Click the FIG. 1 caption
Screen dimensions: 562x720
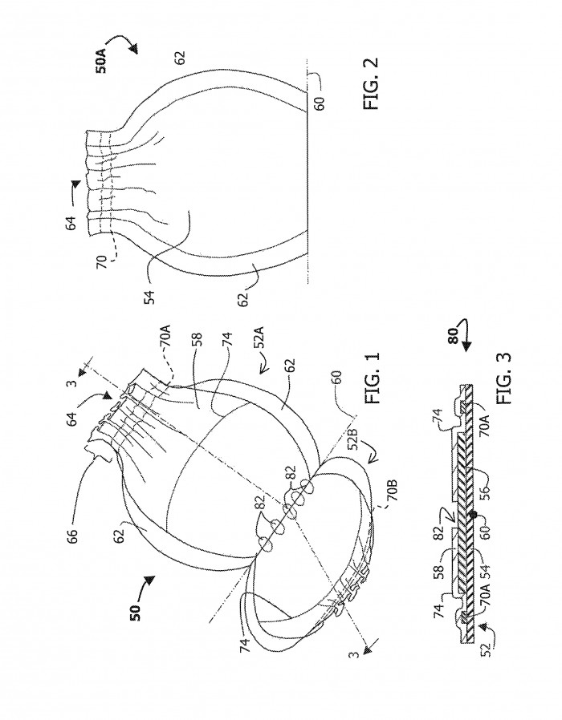372,378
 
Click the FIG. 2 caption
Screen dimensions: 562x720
371,83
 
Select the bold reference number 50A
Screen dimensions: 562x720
102,62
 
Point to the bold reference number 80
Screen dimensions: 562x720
453,336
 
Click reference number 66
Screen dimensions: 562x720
71,535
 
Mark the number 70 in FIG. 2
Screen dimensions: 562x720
102,262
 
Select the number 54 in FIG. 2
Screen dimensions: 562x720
149,295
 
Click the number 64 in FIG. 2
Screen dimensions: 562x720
71,223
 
